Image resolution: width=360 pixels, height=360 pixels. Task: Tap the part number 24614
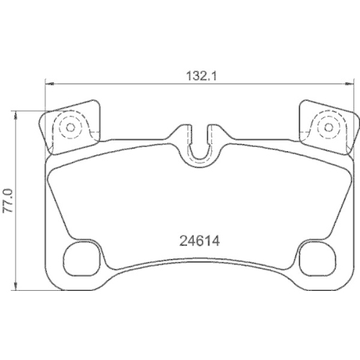198,242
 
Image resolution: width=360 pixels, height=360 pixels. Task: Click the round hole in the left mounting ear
70,128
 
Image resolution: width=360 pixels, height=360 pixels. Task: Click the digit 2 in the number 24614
181,242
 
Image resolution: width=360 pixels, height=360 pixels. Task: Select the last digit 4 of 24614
214,242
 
